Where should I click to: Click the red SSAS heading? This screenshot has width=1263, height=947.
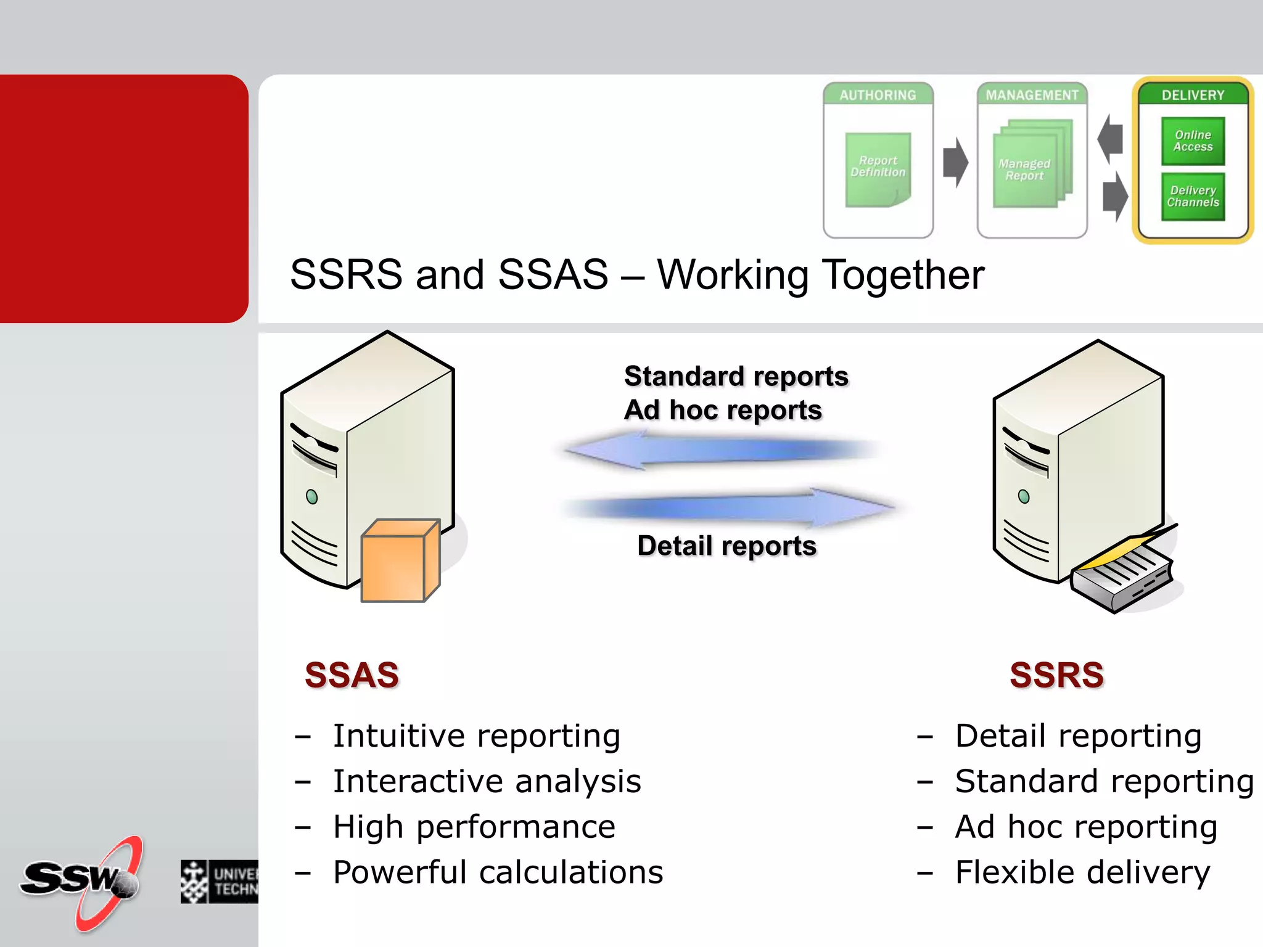(352, 675)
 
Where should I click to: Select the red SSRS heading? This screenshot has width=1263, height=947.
(1056, 675)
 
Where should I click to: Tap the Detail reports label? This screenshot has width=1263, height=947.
(726, 546)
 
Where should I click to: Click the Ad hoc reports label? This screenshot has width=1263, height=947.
(723, 411)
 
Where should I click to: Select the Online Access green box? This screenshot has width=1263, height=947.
(1193, 141)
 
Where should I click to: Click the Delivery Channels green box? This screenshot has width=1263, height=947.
(1193, 197)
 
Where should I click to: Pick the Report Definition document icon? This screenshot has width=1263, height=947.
(878, 170)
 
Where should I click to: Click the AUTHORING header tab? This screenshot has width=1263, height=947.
(878, 95)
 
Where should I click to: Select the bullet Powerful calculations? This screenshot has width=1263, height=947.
(498, 872)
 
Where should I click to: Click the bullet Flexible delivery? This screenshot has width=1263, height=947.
(1082, 872)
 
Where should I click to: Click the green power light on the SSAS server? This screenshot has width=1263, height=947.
(312, 497)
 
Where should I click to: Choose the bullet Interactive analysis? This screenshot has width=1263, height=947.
(487, 781)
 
